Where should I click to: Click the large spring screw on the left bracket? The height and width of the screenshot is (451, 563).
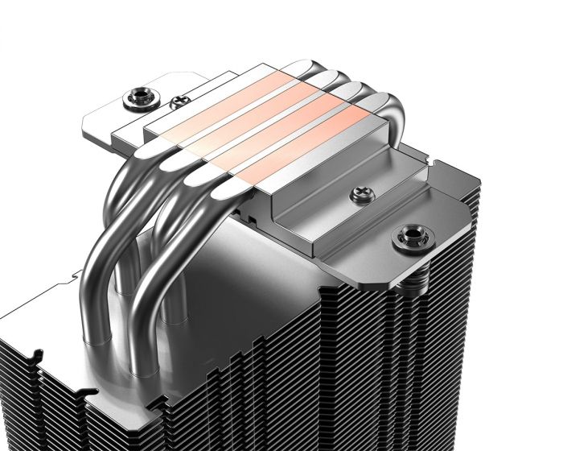tap(133, 101)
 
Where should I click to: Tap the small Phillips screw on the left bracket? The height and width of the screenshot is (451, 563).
tap(177, 102)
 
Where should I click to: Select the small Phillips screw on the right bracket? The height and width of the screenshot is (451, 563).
tap(358, 194)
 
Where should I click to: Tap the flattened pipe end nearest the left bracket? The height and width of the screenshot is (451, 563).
tap(153, 147)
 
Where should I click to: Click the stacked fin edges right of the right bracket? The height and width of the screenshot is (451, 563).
tap(450, 306)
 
